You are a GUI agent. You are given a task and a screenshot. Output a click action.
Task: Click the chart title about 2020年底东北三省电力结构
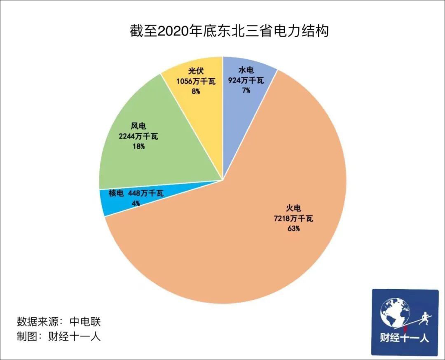[x=229, y=31]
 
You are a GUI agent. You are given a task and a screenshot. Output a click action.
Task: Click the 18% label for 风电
[x=138, y=146]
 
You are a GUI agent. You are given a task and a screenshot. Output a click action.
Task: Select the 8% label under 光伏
[x=195, y=91]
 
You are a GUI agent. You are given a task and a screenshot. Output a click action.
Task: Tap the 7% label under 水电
[x=246, y=90]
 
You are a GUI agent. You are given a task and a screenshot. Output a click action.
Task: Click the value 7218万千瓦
[x=293, y=218]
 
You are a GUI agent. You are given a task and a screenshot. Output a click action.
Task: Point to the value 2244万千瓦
[x=138, y=136]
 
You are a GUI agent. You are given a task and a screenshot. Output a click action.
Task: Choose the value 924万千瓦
[x=246, y=80]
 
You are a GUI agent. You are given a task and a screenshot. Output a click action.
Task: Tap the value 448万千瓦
[x=146, y=193]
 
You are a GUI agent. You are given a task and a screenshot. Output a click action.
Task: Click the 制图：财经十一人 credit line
[x=59, y=336]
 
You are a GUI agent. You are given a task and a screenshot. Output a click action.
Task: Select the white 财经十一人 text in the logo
[x=404, y=339]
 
